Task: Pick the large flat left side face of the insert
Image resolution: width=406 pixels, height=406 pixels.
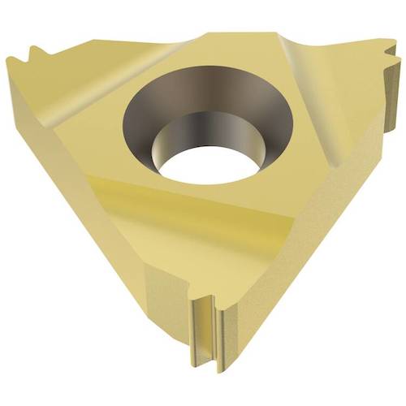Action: (89, 227)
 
